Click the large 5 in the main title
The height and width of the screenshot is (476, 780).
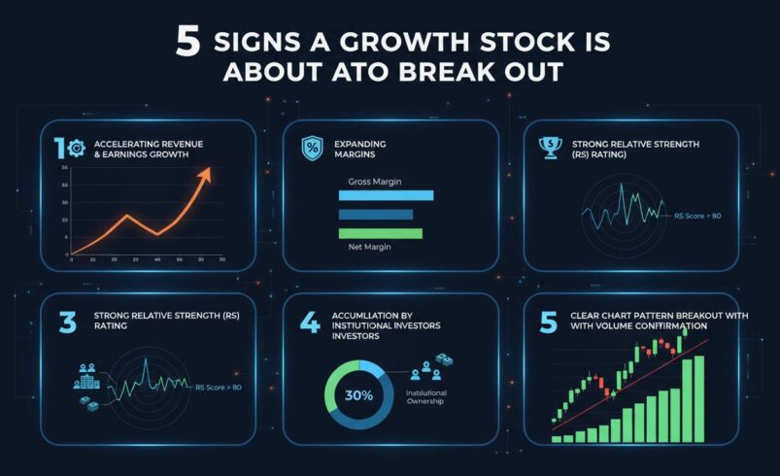[187, 43]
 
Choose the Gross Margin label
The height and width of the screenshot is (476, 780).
[375, 182]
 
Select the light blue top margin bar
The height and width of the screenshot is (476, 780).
[386, 195]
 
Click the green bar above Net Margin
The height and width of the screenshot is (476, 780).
[380, 233]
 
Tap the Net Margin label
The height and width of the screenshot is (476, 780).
[368, 248]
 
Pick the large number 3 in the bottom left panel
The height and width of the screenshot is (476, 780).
[67, 323]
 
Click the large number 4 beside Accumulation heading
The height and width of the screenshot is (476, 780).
[309, 323]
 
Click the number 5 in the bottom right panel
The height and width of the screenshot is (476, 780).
[549, 323]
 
